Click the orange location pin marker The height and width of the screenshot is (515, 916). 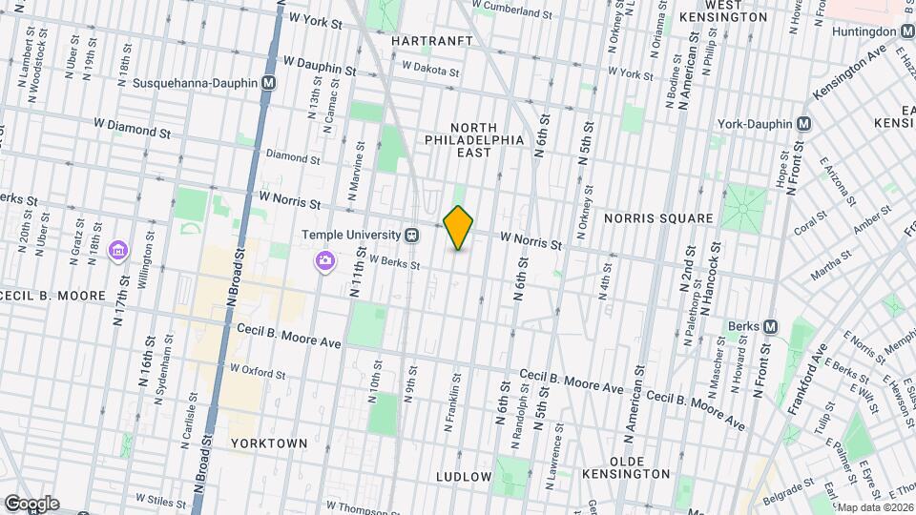click(x=459, y=228)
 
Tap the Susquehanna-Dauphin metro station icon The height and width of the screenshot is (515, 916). click(x=269, y=83)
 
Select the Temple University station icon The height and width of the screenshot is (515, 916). click(x=411, y=234)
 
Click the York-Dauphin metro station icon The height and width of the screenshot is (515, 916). click(x=803, y=124)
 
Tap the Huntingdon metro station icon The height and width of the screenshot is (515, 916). click(x=906, y=31)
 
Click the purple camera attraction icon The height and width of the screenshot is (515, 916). click(x=325, y=259)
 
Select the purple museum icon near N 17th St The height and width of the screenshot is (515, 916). click(x=118, y=250)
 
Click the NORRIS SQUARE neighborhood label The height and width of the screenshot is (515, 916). click(x=657, y=218)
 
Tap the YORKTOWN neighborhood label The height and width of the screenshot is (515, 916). click(x=268, y=443)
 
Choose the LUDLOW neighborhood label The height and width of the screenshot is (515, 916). click(x=464, y=476)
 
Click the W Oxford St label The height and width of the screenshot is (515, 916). click(x=258, y=370)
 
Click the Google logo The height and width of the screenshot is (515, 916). click(x=31, y=504)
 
